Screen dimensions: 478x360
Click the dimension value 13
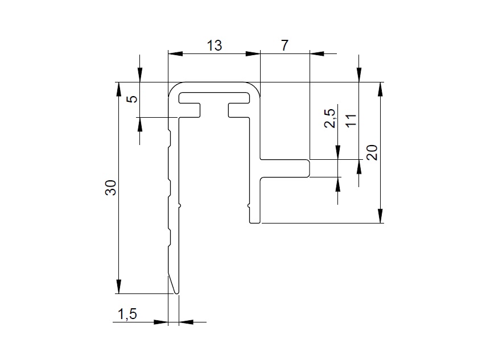(x=215, y=45)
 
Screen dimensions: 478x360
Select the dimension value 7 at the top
(x=285, y=45)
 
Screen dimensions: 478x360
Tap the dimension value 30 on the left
(x=110, y=188)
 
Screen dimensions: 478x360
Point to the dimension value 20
(x=372, y=152)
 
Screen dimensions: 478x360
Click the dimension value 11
(x=351, y=121)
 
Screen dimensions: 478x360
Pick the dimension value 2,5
(x=330, y=118)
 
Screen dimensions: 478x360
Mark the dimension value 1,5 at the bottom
(x=127, y=314)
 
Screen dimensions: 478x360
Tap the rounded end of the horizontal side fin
(x=308, y=168)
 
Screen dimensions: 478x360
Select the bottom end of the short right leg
(x=255, y=222)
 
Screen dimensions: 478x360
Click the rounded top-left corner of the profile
(x=174, y=87)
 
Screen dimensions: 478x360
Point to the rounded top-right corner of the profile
(x=256, y=87)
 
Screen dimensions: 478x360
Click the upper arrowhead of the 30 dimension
(x=119, y=89)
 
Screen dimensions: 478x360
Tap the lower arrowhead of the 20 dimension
(x=380, y=216)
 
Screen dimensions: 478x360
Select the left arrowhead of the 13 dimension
(x=175, y=54)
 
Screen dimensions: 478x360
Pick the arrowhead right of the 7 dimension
(x=317, y=54)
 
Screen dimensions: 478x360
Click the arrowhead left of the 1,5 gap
(x=160, y=322)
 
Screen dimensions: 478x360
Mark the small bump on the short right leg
(x=249, y=206)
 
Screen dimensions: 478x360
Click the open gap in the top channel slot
(x=215, y=110)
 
